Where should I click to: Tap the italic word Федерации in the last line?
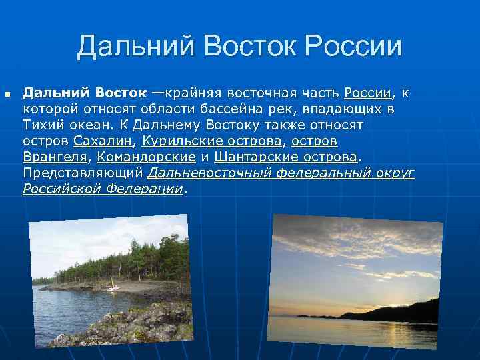(146, 189)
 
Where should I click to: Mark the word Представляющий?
(83, 173)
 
